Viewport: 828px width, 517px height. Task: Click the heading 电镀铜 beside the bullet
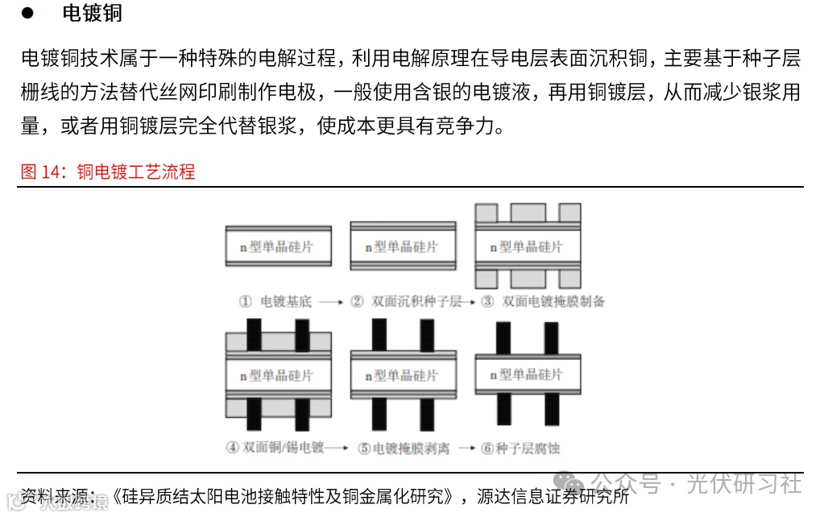(92, 14)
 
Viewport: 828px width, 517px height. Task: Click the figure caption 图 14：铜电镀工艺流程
(108, 172)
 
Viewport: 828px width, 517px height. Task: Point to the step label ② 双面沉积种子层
(406, 302)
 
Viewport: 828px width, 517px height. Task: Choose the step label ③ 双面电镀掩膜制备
(543, 302)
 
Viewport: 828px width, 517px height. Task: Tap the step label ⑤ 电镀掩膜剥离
(404, 448)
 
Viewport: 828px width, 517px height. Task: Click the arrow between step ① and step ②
(331, 302)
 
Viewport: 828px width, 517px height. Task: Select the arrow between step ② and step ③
(470, 302)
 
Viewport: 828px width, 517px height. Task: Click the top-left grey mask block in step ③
(486, 213)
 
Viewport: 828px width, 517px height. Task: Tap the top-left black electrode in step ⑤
(379, 334)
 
